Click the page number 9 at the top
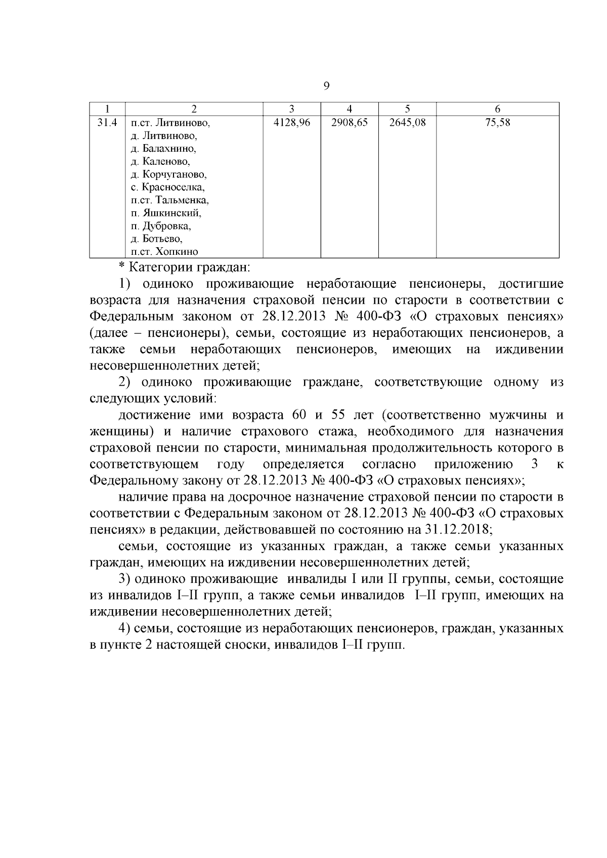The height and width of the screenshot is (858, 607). click(326, 86)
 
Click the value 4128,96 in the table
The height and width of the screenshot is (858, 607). click(291, 122)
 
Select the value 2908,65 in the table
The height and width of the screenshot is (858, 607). click(350, 122)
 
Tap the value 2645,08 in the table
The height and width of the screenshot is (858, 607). click(407, 122)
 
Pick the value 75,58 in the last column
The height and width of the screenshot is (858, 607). click(497, 122)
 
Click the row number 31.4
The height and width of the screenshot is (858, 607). click(107, 122)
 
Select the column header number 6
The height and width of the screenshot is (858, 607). click(497, 109)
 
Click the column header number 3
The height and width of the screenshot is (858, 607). click(291, 109)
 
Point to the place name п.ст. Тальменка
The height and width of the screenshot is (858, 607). click(169, 200)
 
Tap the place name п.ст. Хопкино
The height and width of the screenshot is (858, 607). click(164, 252)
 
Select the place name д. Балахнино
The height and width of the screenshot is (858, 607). click(163, 149)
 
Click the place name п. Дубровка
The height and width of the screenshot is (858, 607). click(160, 226)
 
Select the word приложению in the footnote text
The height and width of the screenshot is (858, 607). click(473, 464)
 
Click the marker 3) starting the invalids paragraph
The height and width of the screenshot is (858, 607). click(125, 578)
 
